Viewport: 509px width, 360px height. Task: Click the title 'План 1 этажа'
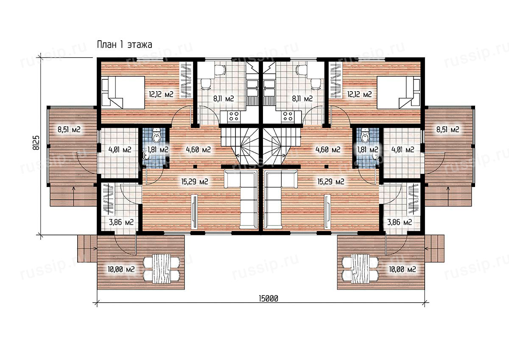[125, 45]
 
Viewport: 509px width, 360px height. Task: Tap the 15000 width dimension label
[268, 299]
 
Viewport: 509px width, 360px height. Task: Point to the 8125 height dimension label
[36, 143]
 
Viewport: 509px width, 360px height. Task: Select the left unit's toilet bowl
[157, 136]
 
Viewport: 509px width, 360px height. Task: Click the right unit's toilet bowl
[365, 136]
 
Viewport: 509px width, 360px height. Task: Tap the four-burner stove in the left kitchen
[234, 116]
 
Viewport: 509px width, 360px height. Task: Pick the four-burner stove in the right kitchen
[288, 116]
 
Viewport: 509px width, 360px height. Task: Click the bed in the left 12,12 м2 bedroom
[123, 92]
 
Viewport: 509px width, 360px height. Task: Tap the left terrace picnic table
[162, 269]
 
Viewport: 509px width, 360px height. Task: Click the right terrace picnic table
[360, 269]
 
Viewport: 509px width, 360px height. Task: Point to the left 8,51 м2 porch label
[69, 130]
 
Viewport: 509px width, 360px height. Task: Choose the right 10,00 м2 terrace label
[403, 269]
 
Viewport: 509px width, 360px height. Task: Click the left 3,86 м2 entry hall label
[121, 222]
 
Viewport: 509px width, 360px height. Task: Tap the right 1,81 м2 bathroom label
[368, 150]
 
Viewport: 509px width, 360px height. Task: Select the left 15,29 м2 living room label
[195, 181]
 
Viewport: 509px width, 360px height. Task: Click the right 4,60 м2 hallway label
[328, 150]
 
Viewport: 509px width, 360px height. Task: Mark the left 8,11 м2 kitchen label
[224, 98]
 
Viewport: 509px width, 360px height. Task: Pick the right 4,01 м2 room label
[403, 150]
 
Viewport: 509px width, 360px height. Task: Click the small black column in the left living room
[195, 167]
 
